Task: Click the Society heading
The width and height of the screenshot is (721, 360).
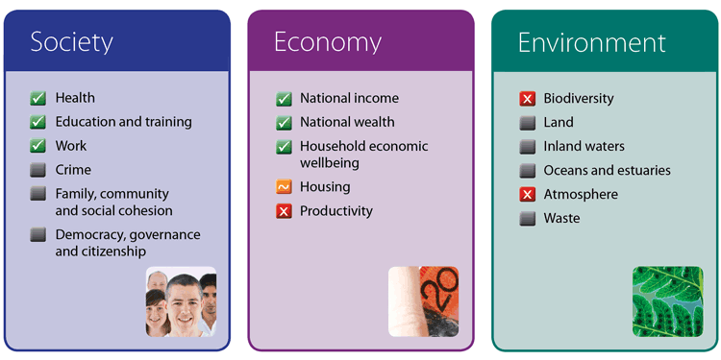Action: coord(72,42)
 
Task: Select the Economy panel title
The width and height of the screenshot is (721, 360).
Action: coord(328,42)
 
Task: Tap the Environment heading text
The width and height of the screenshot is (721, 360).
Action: coord(592,42)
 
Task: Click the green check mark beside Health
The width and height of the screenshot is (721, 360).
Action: coord(38,98)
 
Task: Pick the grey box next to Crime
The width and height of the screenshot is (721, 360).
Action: coord(38,170)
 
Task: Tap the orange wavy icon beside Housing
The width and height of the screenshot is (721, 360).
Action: coord(284,187)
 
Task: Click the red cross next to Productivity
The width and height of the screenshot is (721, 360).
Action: coord(284,211)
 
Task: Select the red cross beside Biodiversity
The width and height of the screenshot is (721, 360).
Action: coord(528,99)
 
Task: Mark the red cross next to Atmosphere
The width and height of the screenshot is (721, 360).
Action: coord(528,194)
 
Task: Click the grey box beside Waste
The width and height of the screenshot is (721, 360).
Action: coord(528,218)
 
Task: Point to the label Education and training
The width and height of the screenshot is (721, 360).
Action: coord(124,122)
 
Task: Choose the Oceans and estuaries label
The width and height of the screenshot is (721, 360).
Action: coord(607,170)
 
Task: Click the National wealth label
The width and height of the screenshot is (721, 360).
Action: coord(347,122)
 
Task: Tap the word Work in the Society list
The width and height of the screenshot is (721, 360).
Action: coord(71,146)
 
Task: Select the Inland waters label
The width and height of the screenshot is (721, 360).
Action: coord(584,147)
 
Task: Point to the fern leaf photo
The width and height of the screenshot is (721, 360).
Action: coord(668,301)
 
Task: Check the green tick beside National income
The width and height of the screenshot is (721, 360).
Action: coord(284,99)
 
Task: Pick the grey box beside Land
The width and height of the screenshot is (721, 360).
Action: coord(528,123)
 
